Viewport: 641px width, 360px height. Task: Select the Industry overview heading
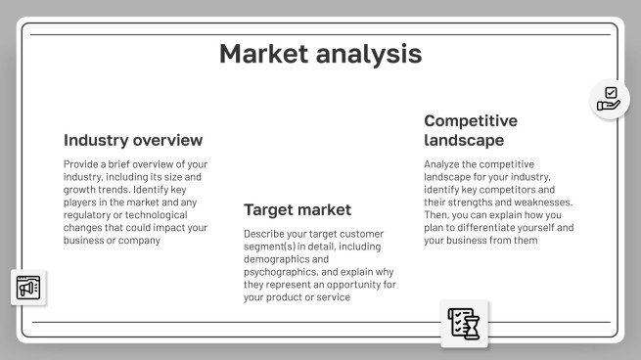click(x=133, y=140)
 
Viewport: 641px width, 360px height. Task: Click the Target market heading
click(x=298, y=209)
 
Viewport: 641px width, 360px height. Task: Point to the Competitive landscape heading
click(x=471, y=130)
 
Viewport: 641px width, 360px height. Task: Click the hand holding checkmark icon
click(x=609, y=99)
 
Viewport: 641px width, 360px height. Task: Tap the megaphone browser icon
click(x=28, y=288)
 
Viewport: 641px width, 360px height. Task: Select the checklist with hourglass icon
click(x=464, y=322)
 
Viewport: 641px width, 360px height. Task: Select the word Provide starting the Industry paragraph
click(x=80, y=164)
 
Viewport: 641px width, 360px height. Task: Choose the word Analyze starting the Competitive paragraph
click(x=443, y=164)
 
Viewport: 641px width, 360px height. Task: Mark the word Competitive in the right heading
click(x=471, y=120)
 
